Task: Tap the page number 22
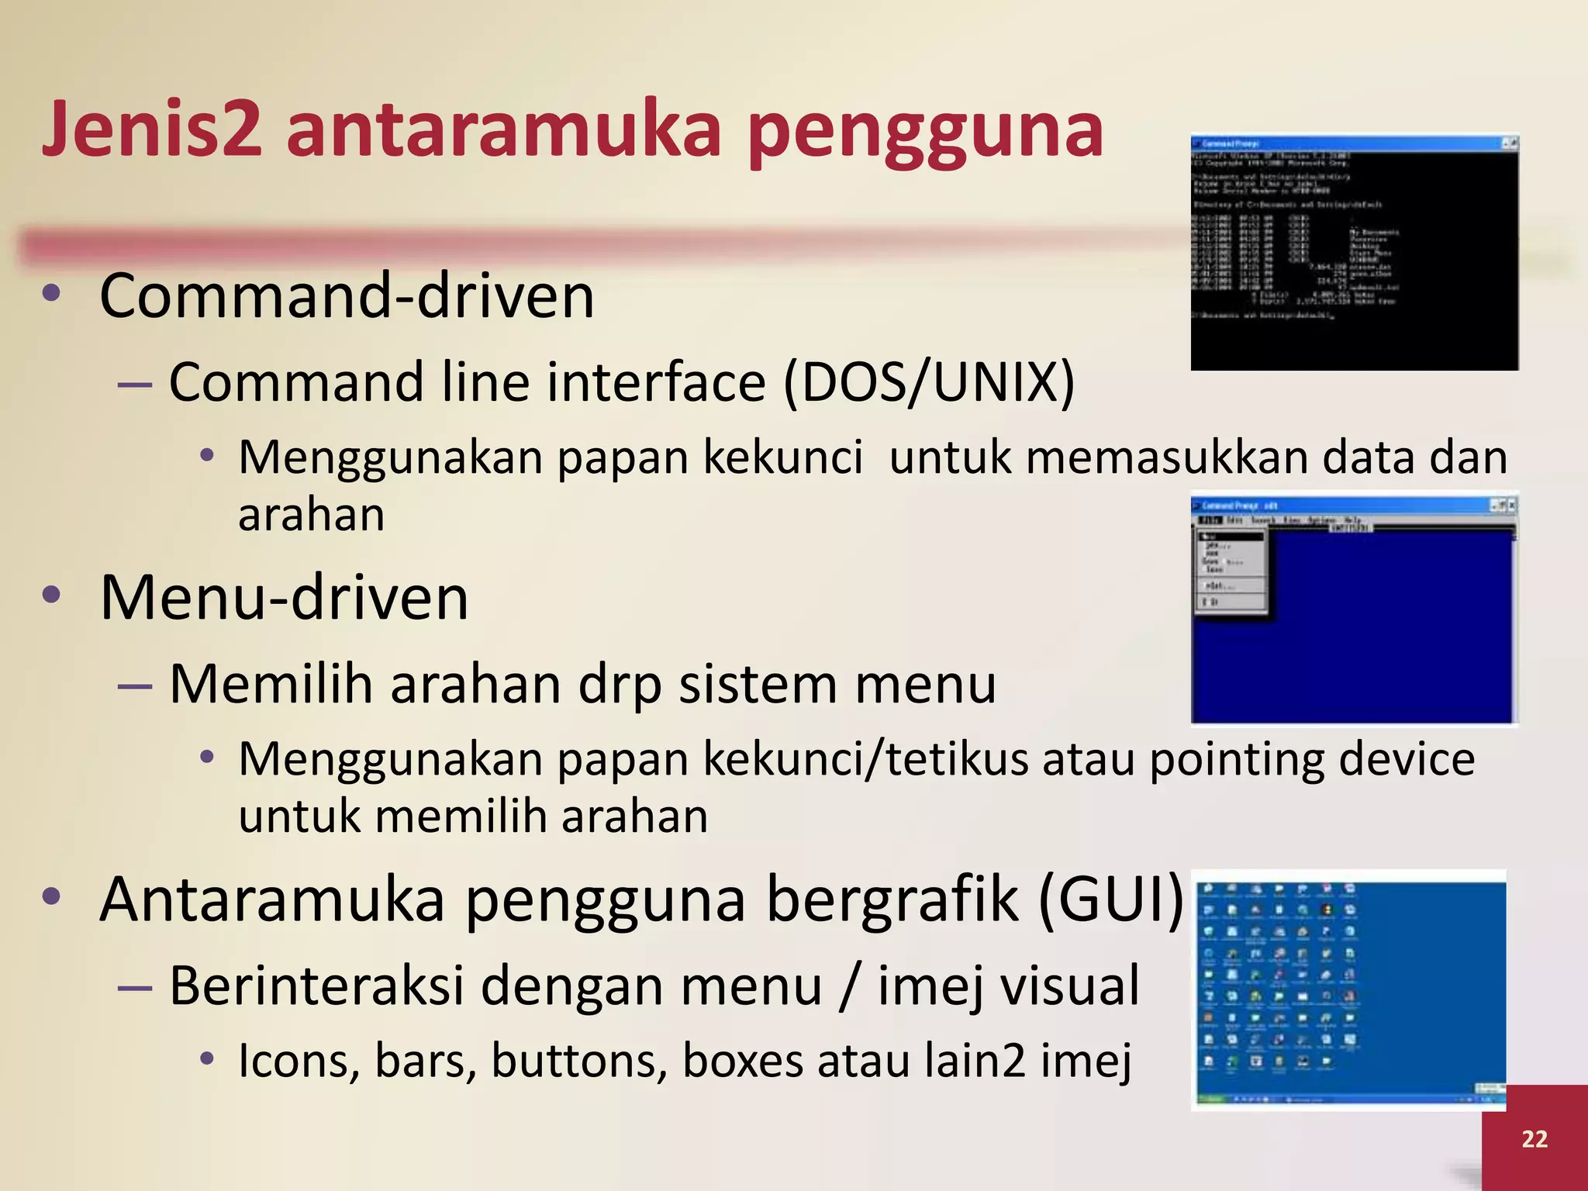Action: click(1534, 1138)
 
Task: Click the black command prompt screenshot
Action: click(1354, 252)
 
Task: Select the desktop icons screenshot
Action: click(1349, 989)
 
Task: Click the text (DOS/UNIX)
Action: click(929, 381)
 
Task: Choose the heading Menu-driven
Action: click(284, 598)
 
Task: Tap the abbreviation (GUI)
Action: click(1110, 899)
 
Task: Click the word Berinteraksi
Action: click(317, 986)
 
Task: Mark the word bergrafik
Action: click(892, 899)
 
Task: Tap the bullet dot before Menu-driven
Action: click(52, 595)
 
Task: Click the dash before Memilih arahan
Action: click(134, 685)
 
